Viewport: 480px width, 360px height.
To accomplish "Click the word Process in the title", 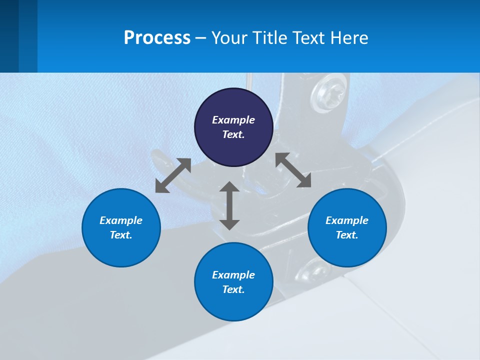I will coord(157,37).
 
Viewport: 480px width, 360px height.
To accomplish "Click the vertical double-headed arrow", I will coord(229,205).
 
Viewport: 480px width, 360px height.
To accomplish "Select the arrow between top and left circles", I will coord(173,175).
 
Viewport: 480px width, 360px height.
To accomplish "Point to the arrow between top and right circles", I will coord(293,170).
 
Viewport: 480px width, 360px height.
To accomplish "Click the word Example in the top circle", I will coord(233,120).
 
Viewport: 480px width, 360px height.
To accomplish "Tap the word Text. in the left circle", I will coord(121,235).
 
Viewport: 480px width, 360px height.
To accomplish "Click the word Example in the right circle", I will coord(347,220).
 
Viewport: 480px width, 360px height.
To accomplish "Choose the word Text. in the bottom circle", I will coord(233,289).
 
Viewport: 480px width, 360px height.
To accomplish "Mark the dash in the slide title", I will coord(201,37).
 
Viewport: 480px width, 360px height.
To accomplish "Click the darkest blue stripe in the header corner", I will coord(9,36).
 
